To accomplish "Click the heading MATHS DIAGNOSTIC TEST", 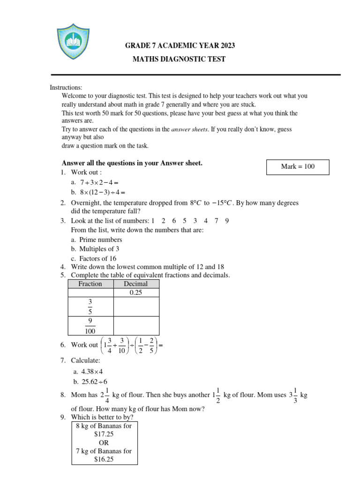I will (x=180, y=59).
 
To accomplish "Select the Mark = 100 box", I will (x=298, y=166).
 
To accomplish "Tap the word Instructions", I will (x=66, y=88).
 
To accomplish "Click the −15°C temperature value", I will (x=222, y=203).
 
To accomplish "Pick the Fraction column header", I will (x=90, y=284).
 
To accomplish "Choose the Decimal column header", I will (x=136, y=284).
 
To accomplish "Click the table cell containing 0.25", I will (x=136, y=293).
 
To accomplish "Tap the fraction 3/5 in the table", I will (x=90, y=307).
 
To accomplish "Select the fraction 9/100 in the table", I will (x=90, y=326).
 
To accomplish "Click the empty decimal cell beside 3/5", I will (x=136, y=307).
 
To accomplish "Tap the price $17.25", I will (x=104, y=434).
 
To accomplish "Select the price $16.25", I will (x=104, y=459).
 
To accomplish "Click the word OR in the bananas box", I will (x=104, y=442).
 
